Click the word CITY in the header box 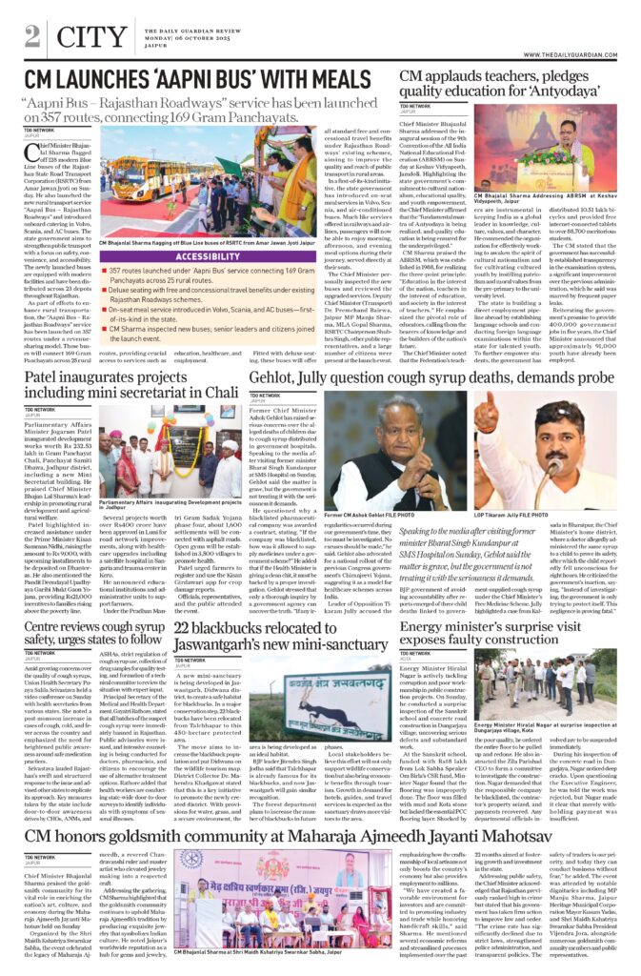point(83,37)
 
